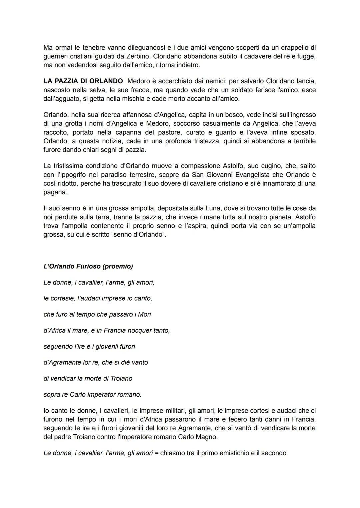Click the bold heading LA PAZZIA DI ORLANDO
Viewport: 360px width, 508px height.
click(x=83, y=81)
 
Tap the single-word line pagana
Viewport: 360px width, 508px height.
click(x=55, y=192)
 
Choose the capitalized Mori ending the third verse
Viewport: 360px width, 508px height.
click(x=144, y=314)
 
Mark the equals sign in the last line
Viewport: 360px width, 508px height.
click(x=157, y=453)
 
